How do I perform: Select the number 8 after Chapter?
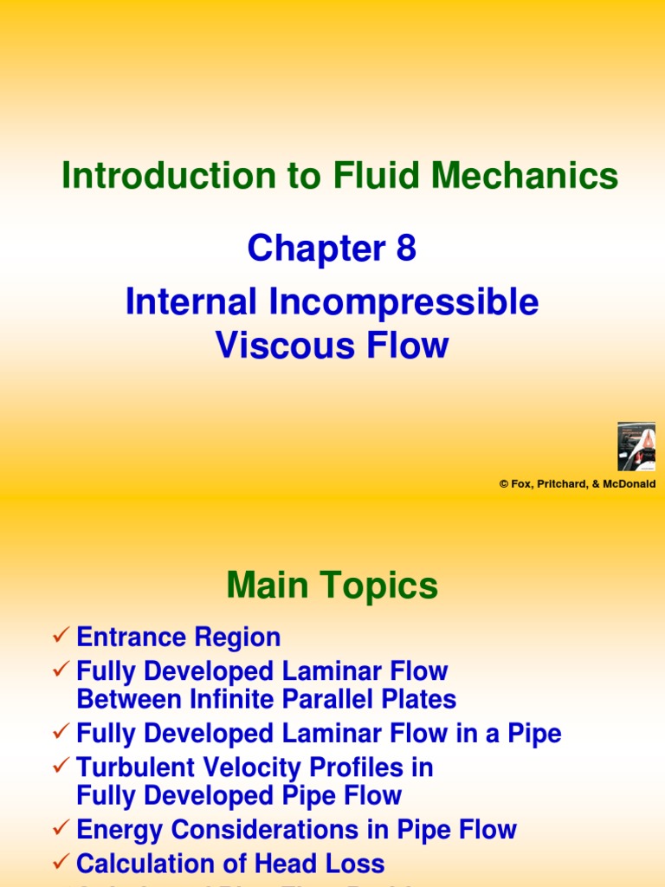point(406,249)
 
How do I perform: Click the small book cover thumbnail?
point(636,446)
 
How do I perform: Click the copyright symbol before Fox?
point(503,484)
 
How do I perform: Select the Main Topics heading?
point(332,587)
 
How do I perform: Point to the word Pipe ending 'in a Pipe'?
point(536,734)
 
